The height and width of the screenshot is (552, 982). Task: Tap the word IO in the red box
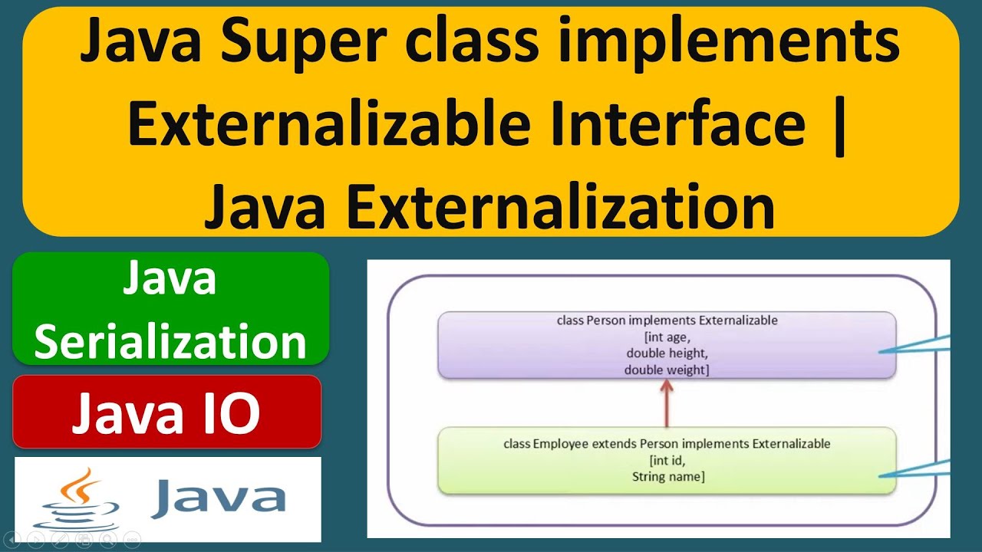pyautogui.click(x=229, y=414)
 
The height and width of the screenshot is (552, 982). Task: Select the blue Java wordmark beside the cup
pyautogui.click(x=219, y=498)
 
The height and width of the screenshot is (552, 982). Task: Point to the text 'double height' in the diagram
pyautogui.click(x=666, y=353)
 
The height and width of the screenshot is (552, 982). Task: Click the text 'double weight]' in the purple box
pyautogui.click(x=666, y=370)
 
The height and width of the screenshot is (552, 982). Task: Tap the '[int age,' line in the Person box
pyautogui.click(x=666, y=337)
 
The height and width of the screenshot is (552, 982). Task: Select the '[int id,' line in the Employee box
pyautogui.click(x=666, y=460)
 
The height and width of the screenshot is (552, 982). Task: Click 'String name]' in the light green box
pyautogui.click(x=667, y=477)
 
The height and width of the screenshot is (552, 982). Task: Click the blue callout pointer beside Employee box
pyautogui.click(x=917, y=469)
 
